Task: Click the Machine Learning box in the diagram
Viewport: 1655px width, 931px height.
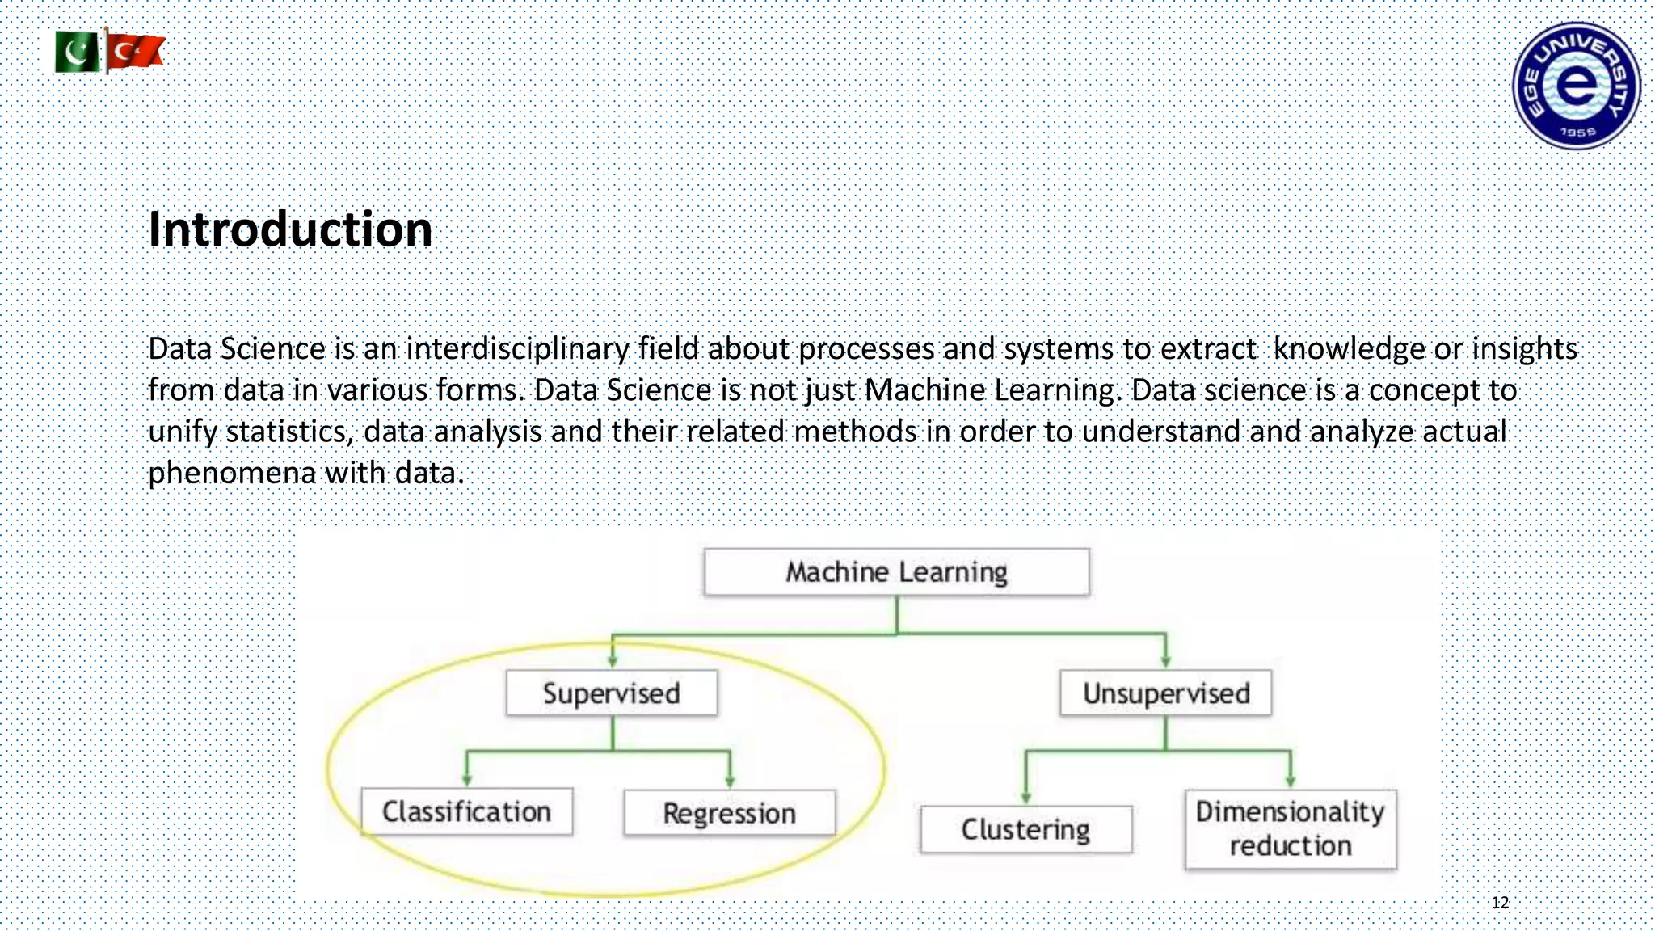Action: click(x=896, y=572)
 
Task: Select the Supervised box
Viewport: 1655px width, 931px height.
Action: click(x=612, y=693)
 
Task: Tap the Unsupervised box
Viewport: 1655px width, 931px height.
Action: click(x=1165, y=693)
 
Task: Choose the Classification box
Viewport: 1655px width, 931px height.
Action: click(x=466, y=811)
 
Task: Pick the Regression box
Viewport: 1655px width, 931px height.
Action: click(x=729, y=813)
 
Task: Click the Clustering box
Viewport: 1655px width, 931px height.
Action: click(x=1025, y=829)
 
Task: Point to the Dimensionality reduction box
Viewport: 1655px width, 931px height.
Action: click(x=1290, y=829)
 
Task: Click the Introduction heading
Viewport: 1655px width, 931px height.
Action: click(x=290, y=229)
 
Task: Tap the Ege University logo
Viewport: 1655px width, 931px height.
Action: click(x=1576, y=86)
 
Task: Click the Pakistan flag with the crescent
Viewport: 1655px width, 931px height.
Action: click(x=78, y=53)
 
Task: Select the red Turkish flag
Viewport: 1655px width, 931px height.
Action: click(x=136, y=52)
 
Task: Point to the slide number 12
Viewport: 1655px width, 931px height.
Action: click(x=1500, y=903)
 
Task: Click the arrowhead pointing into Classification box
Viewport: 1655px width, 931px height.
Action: click(x=466, y=779)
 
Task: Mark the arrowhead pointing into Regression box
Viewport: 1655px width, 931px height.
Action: click(x=730, y=781)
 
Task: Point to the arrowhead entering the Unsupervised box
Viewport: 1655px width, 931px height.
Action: click(x=1165, y=661)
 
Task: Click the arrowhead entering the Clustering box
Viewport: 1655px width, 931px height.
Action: click(x=1025, y=797)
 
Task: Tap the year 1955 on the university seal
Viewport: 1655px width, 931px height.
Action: click(x=1577, y=132)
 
